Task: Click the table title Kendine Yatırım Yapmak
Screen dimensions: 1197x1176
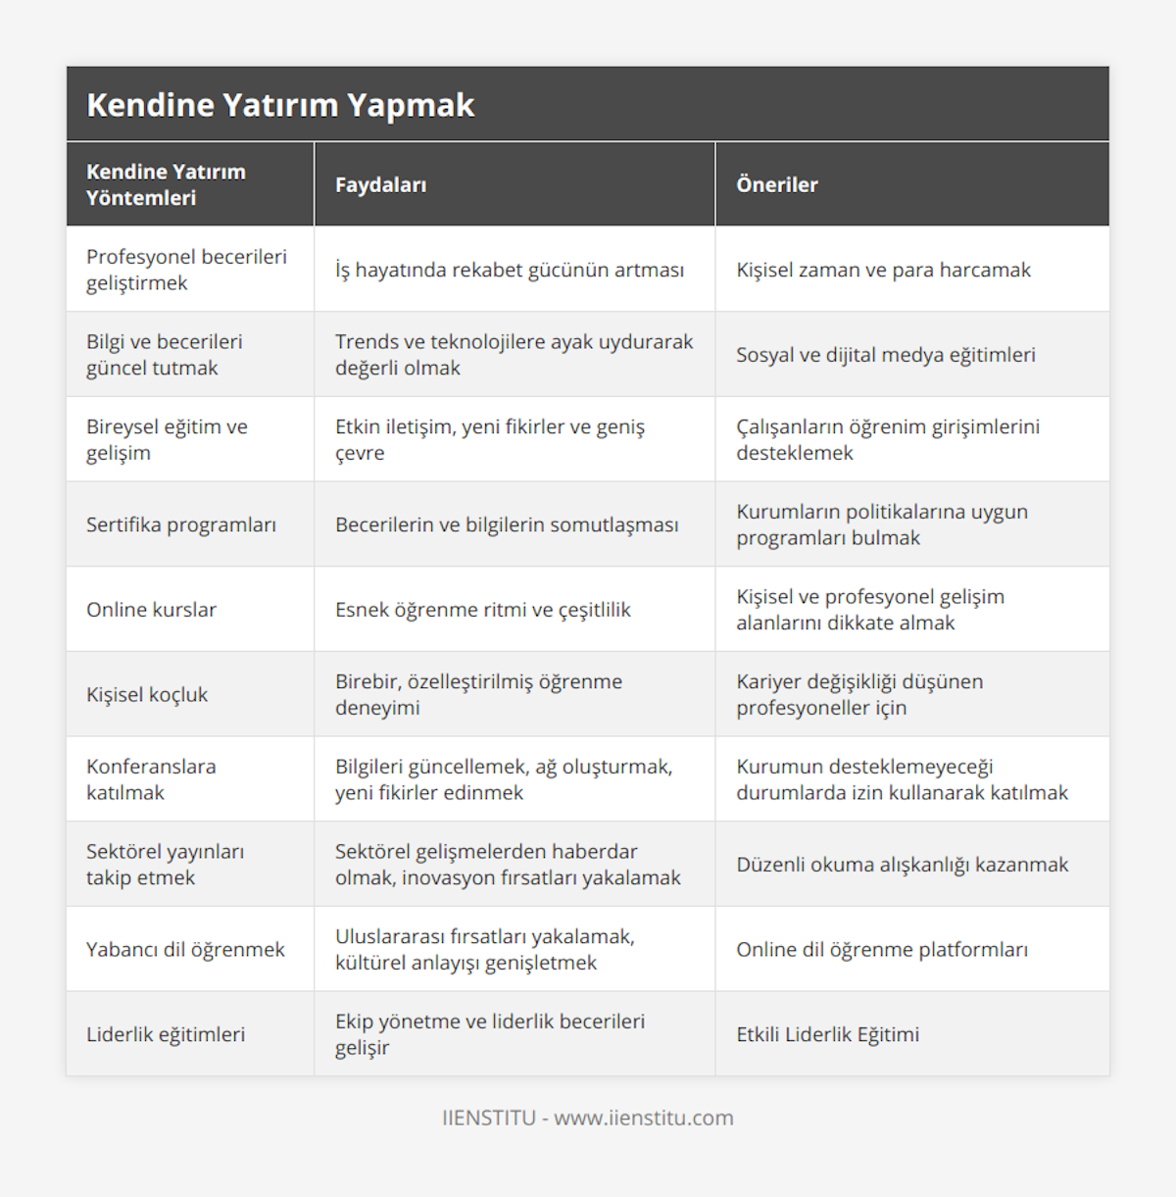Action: pyautogui.click(x=280, y=105)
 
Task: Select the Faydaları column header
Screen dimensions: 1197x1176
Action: pyautogui.click(x=380, y=185)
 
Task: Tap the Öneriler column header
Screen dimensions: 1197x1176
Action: pyautogui.click(x=777, y=185)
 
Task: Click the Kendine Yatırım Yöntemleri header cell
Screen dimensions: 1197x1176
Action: pyautogui.click(x=166, y=184)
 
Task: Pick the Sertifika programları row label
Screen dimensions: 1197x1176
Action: pyautogui.click(x=181, y=524)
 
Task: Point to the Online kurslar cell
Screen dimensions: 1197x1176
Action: pyautogui.click(x=151, y=610)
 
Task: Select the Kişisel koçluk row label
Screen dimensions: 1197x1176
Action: pyautogui.click(x=147, y=695)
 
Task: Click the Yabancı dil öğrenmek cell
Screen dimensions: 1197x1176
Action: pyautogui.click(x=185, y=950)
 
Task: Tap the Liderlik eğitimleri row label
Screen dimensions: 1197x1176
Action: pyautogui.click(x=166, y=1034)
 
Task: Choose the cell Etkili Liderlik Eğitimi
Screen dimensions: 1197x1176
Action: pyautogui.click(x=828, y=1034)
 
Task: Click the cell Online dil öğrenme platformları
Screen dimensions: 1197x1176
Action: pyautogui.click(x=882, y=950)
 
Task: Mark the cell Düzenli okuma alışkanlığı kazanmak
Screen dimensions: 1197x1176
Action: pyautogui.click(x=903, y=865)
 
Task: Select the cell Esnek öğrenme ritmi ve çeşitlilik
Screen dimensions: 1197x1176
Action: pyautogui.click(x=483, y=610)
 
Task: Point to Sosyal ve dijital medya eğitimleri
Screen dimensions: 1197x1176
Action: pyautogui.click(x=886, y=355)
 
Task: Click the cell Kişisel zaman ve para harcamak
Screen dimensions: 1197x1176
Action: pyautogui.click(x=884, y=270)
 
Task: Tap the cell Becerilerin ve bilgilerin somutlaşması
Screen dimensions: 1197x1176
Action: pyautogui.click(x=507, y=524)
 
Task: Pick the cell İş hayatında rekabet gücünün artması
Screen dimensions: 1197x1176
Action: pyautogui.click(x=510, y=270)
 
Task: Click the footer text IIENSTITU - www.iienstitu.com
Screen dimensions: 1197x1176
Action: pyautogui.click(x=588, y=1118)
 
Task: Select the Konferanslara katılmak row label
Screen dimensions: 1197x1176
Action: pyautogui.click(x=151, y=779)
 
